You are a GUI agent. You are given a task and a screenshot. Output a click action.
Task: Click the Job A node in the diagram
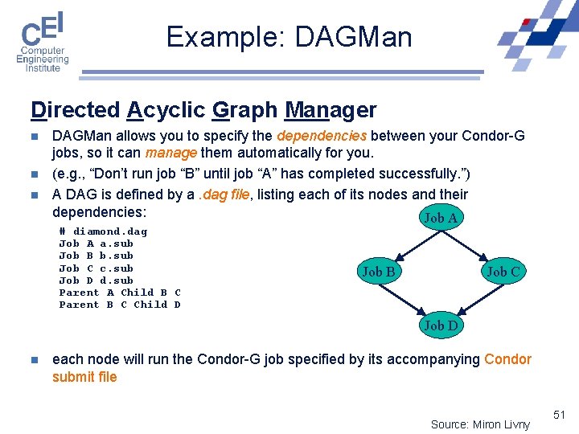coord(440,218)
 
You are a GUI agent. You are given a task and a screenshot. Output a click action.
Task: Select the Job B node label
coord(379,272)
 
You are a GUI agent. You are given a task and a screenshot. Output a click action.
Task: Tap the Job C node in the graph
coord(503,272)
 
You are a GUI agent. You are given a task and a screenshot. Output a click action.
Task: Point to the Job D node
coord(441,325)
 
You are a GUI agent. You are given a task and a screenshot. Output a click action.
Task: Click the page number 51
coord(560,415)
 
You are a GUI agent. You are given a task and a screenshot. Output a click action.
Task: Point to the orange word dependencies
coord(322,136)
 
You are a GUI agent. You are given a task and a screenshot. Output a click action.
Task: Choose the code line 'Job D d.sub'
coord(96,280)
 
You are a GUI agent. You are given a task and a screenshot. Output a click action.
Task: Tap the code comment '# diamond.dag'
coord(103,231)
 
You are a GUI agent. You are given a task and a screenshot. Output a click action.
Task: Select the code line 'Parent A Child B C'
coord(120,293)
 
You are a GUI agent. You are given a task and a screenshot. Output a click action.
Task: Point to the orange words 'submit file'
coord(84,377)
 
